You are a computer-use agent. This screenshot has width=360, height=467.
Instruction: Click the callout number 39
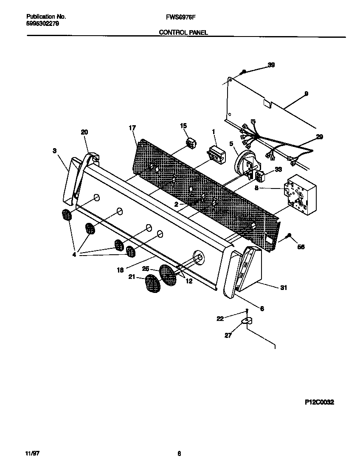(x=271, y=65)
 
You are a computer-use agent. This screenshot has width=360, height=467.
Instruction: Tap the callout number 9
(x=306, y=94)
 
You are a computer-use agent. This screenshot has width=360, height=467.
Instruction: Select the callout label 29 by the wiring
(x=319, y=136)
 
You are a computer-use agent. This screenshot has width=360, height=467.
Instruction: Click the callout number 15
(x=183, y=126)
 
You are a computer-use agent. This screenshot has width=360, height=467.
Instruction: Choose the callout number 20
(x=84, y=132)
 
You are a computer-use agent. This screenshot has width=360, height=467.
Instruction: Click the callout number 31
(x=283, y=288)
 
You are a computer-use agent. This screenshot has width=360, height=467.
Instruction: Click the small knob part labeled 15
(x=191, y=143)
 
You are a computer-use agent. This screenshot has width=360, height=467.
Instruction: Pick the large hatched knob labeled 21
(x=151, y=284)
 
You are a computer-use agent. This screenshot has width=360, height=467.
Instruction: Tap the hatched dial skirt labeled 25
(x=168, y=275)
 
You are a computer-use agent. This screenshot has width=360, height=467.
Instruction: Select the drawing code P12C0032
(x=319, y=402)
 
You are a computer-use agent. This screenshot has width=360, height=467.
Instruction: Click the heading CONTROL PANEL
(x=183, y=32)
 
